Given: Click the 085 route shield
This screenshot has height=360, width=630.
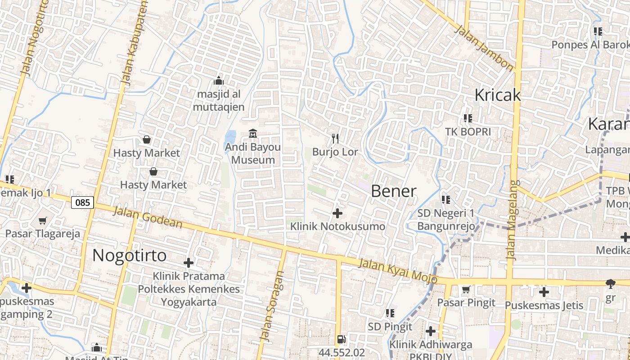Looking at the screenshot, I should [x=82, y=202].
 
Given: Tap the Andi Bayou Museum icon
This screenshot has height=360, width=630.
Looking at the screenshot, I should [x=253, y=134].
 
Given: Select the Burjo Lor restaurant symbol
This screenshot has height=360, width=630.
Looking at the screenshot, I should [x=335, y=139].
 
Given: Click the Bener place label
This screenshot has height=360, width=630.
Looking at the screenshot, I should [x=393, y=191].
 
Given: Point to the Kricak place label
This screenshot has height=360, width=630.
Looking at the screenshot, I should [x=498, y=95].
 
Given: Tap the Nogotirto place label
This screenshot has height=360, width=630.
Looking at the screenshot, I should [x=130, y=256].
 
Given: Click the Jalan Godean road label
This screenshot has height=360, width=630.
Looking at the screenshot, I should [x=148, y=217].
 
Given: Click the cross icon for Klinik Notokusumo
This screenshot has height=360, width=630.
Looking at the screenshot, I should [x=337, y=213].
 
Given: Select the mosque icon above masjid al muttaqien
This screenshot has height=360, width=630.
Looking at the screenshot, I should [x=219, y=81].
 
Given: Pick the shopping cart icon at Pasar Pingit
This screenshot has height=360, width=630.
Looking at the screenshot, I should [x=466, y=289].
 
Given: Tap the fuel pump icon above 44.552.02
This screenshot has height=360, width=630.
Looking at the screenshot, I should [x=342, y=339].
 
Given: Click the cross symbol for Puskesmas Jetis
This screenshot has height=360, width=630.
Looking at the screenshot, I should [x=544, y=292].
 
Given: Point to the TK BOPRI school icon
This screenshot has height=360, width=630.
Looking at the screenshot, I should [x=468, y=118].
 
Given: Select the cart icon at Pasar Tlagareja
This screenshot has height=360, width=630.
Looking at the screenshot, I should [x=43, y=220].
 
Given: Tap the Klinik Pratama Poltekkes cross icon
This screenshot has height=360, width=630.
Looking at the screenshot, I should [x=189, y=263].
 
